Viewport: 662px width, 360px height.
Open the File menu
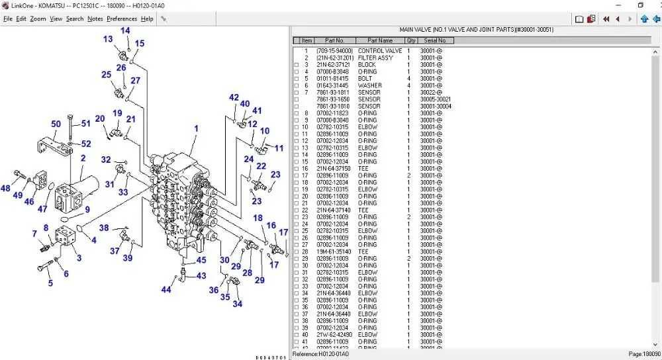[8, 19]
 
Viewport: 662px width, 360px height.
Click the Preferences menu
[122, 19]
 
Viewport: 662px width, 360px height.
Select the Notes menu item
[95, 19]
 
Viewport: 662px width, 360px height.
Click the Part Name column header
[381, 40]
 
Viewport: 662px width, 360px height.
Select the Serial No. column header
[435, 40]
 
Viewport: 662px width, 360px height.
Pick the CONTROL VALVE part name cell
[379, 51]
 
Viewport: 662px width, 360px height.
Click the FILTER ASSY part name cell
[375, 58]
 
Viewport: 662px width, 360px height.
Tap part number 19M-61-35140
[334, 251]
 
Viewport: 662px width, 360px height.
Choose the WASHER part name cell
[369, 85]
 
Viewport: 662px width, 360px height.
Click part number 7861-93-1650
[334, 99]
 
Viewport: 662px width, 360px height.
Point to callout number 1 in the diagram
[196, 128]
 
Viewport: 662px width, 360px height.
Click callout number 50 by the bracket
[56, 124]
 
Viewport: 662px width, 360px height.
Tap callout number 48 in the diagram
[5, 189]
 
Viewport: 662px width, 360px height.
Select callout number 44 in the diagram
[166, 289]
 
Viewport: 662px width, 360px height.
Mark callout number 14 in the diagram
[125, 31]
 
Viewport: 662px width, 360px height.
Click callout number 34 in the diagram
[237, 304]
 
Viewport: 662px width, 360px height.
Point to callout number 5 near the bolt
[50, 283]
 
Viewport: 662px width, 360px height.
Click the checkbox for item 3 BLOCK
[297, 65]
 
